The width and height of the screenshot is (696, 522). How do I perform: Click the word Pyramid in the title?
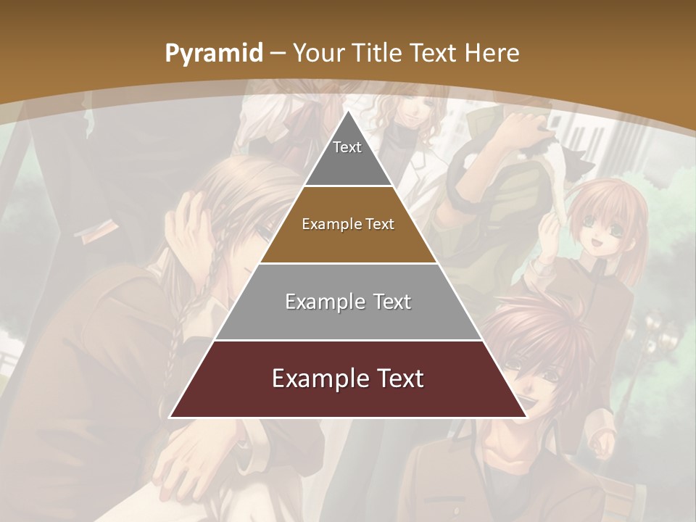pyautogui.click(x=213, y=54)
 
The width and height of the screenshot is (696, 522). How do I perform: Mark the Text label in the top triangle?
pyautogui.click(x=347, y=147)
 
